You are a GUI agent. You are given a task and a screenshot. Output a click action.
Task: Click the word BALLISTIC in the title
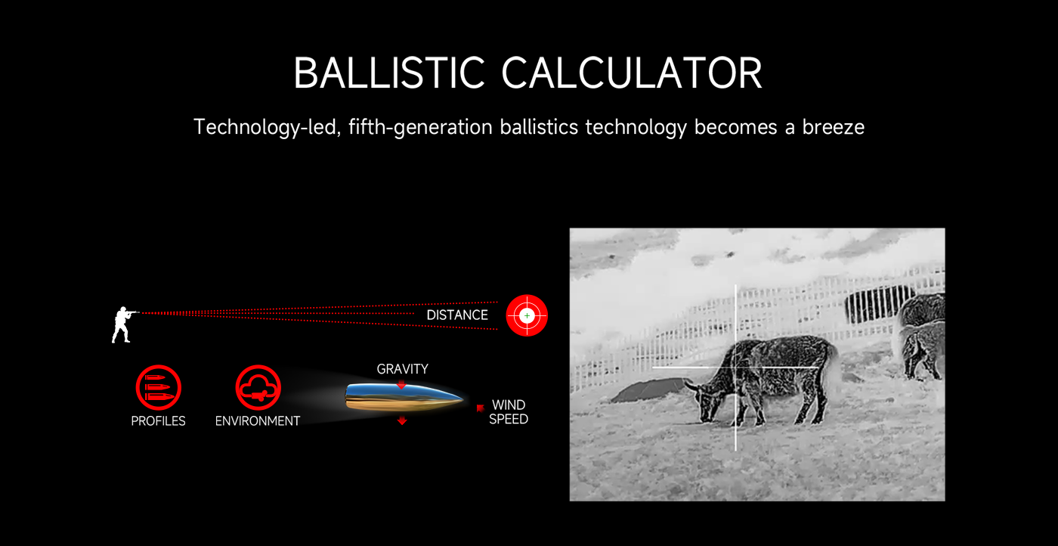pyautogui.click(x=389, y=73)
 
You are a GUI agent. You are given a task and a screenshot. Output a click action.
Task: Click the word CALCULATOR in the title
pyautogui.click(x=632, y=73)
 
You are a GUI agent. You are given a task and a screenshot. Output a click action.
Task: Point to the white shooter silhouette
pyautogui.click(x=122, y=324)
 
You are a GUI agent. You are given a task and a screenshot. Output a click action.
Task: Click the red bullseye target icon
pyautogui.click(x=527, y=315)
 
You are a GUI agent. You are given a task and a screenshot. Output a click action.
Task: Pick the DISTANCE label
pyautogui.click(x=457, y=315)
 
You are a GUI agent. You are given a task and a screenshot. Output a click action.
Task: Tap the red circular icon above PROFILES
pyautogui.click(x=158, y=387)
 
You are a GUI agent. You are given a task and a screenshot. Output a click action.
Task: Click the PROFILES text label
pyautogui.click(x=158, y=421)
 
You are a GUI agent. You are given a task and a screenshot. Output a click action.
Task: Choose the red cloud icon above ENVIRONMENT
pyautogui.click(x=258, y=387)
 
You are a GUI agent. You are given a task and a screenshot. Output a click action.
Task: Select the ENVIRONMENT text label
pyautogui.click(x=258, y=421)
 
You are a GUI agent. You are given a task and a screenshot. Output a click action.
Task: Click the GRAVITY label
pyautogui.click(x=402, y=369)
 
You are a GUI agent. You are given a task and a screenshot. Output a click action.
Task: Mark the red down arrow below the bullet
pyautogui.click(x=402, y=420)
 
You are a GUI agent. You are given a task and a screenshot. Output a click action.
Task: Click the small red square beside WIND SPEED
pyautogui.click(x=480, y=408)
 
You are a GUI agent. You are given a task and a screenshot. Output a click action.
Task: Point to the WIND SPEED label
pyautogui.click(x=509, y=412)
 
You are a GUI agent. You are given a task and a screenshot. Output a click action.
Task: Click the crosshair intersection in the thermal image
pyautogui.click(x=736, y=368)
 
